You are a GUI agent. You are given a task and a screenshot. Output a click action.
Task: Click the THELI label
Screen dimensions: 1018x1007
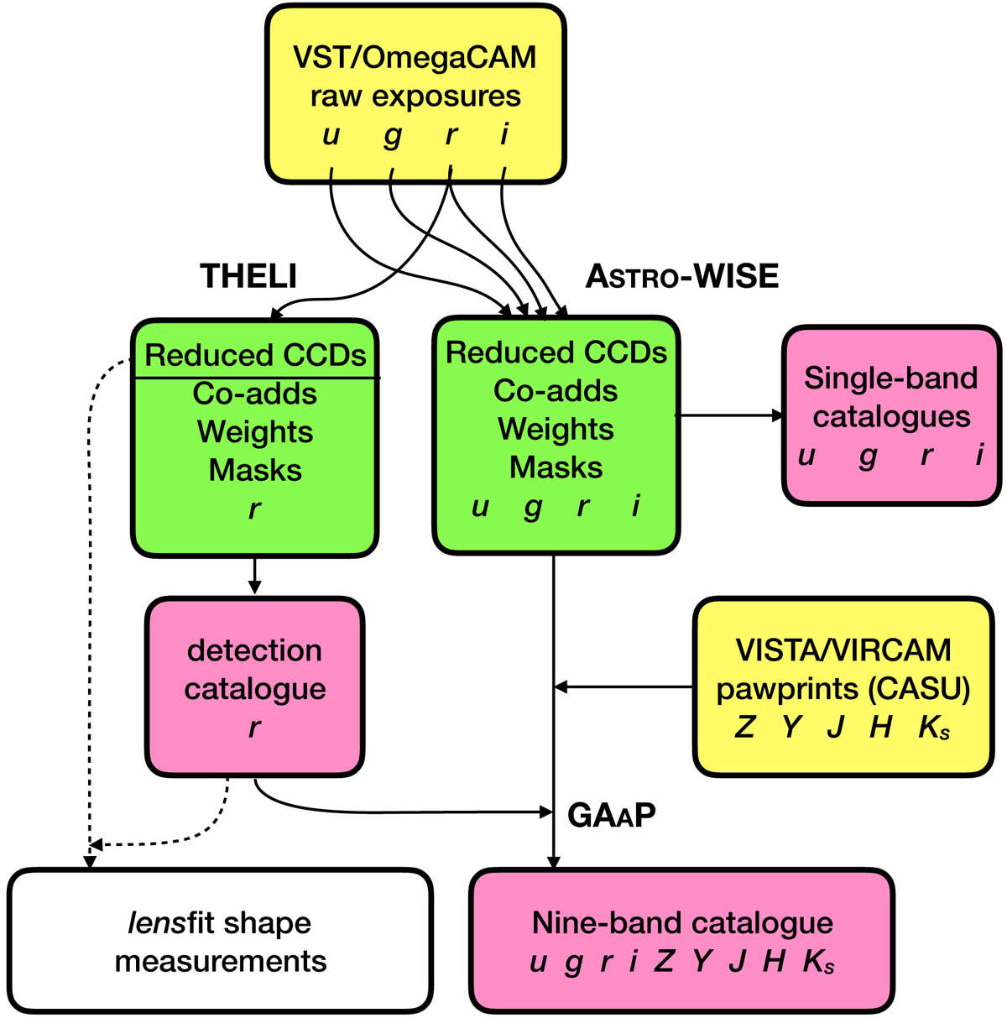[248, 276]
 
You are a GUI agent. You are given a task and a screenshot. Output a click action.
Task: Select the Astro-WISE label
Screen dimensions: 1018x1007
[682, 276]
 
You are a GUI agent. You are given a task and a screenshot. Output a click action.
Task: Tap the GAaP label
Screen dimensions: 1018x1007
[612, 814]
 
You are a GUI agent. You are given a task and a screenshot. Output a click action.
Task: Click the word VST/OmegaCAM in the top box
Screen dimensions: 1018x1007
[415, 58]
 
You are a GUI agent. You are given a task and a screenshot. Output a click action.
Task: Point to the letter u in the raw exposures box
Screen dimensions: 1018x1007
[331, 134]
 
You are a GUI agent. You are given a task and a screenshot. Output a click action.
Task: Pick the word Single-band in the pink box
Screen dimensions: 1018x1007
[890, 378]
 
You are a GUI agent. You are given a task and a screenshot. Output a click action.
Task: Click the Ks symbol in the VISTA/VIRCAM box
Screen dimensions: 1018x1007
[934, 728]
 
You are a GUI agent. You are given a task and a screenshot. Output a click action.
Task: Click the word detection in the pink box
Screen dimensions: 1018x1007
[254, 650]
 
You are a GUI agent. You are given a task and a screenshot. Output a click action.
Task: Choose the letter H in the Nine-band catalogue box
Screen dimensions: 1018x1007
[774, 962]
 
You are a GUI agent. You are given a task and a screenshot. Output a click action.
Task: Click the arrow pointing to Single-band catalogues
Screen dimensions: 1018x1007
[730, 415]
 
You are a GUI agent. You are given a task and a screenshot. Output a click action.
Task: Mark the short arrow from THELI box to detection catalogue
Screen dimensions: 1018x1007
[255, 577]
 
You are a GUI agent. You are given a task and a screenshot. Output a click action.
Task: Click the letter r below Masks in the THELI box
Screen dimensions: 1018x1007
[255, 509]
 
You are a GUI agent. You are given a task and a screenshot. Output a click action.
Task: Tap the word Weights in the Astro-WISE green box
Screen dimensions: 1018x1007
[556, 429]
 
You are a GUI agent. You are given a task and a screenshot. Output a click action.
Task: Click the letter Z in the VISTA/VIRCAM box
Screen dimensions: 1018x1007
[744, 727]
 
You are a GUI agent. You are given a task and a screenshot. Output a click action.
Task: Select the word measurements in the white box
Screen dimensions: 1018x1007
[221, 961]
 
